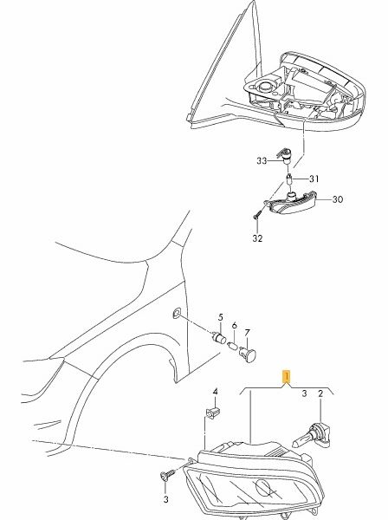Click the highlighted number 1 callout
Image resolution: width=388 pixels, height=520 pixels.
286,377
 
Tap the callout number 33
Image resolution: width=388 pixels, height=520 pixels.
262,161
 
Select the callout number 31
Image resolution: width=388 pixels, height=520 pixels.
314,179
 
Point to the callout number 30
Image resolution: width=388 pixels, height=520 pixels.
337,199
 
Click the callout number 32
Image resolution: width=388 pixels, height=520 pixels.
257,238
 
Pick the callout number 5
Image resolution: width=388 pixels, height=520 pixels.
220,317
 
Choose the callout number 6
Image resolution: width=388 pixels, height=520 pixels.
234,326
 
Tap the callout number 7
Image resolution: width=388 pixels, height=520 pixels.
247,332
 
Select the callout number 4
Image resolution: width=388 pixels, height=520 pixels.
215,392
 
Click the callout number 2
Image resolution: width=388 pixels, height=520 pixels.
320,393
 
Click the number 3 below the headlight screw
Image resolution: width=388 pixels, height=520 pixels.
166,499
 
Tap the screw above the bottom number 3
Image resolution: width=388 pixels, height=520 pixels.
168,477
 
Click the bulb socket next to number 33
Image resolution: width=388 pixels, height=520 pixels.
285,156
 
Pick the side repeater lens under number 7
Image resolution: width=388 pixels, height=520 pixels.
249,354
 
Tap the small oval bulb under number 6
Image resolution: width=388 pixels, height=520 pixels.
233,348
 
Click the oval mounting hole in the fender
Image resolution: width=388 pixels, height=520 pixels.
177,313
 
